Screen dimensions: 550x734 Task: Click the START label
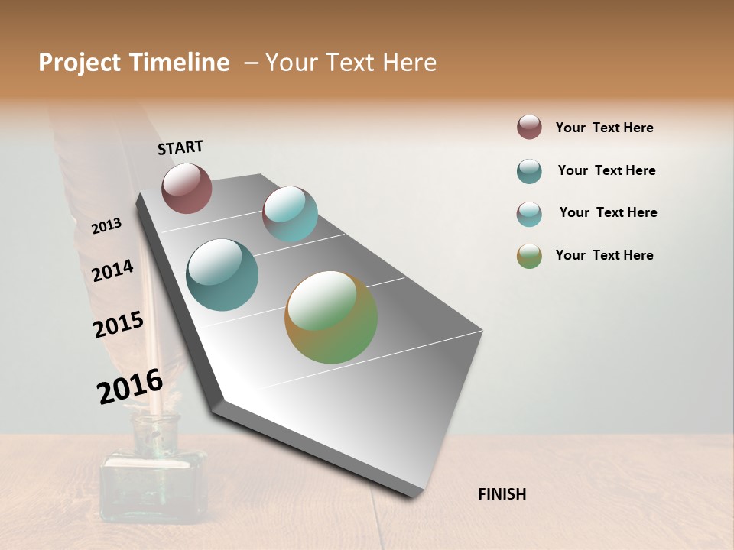(x=180, y=147)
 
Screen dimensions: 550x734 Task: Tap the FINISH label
(x=502, y=494)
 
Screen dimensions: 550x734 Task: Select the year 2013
(x=106, y=226)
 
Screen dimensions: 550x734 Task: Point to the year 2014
(x=112, y=270)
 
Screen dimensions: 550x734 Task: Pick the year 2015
(x=119, y=325)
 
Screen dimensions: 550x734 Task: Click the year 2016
(x=130, y=386)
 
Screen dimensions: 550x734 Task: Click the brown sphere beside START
(x=187, y=188)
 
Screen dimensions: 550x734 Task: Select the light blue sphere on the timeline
(x=290, y=214)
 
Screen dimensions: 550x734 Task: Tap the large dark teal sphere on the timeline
(x=222, y=275)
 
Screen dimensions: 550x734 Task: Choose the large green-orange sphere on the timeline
(x=331, y=317)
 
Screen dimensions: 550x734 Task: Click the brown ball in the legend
(x=529, y=127)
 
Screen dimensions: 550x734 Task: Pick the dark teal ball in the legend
(x=529, y=171)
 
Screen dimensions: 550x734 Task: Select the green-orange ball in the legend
(x=529, y=256)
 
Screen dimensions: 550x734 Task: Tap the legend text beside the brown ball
(x=604, y=128)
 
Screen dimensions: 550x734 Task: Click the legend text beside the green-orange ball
(x=604, y=255)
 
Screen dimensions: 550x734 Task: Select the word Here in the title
(x=409, y=63)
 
